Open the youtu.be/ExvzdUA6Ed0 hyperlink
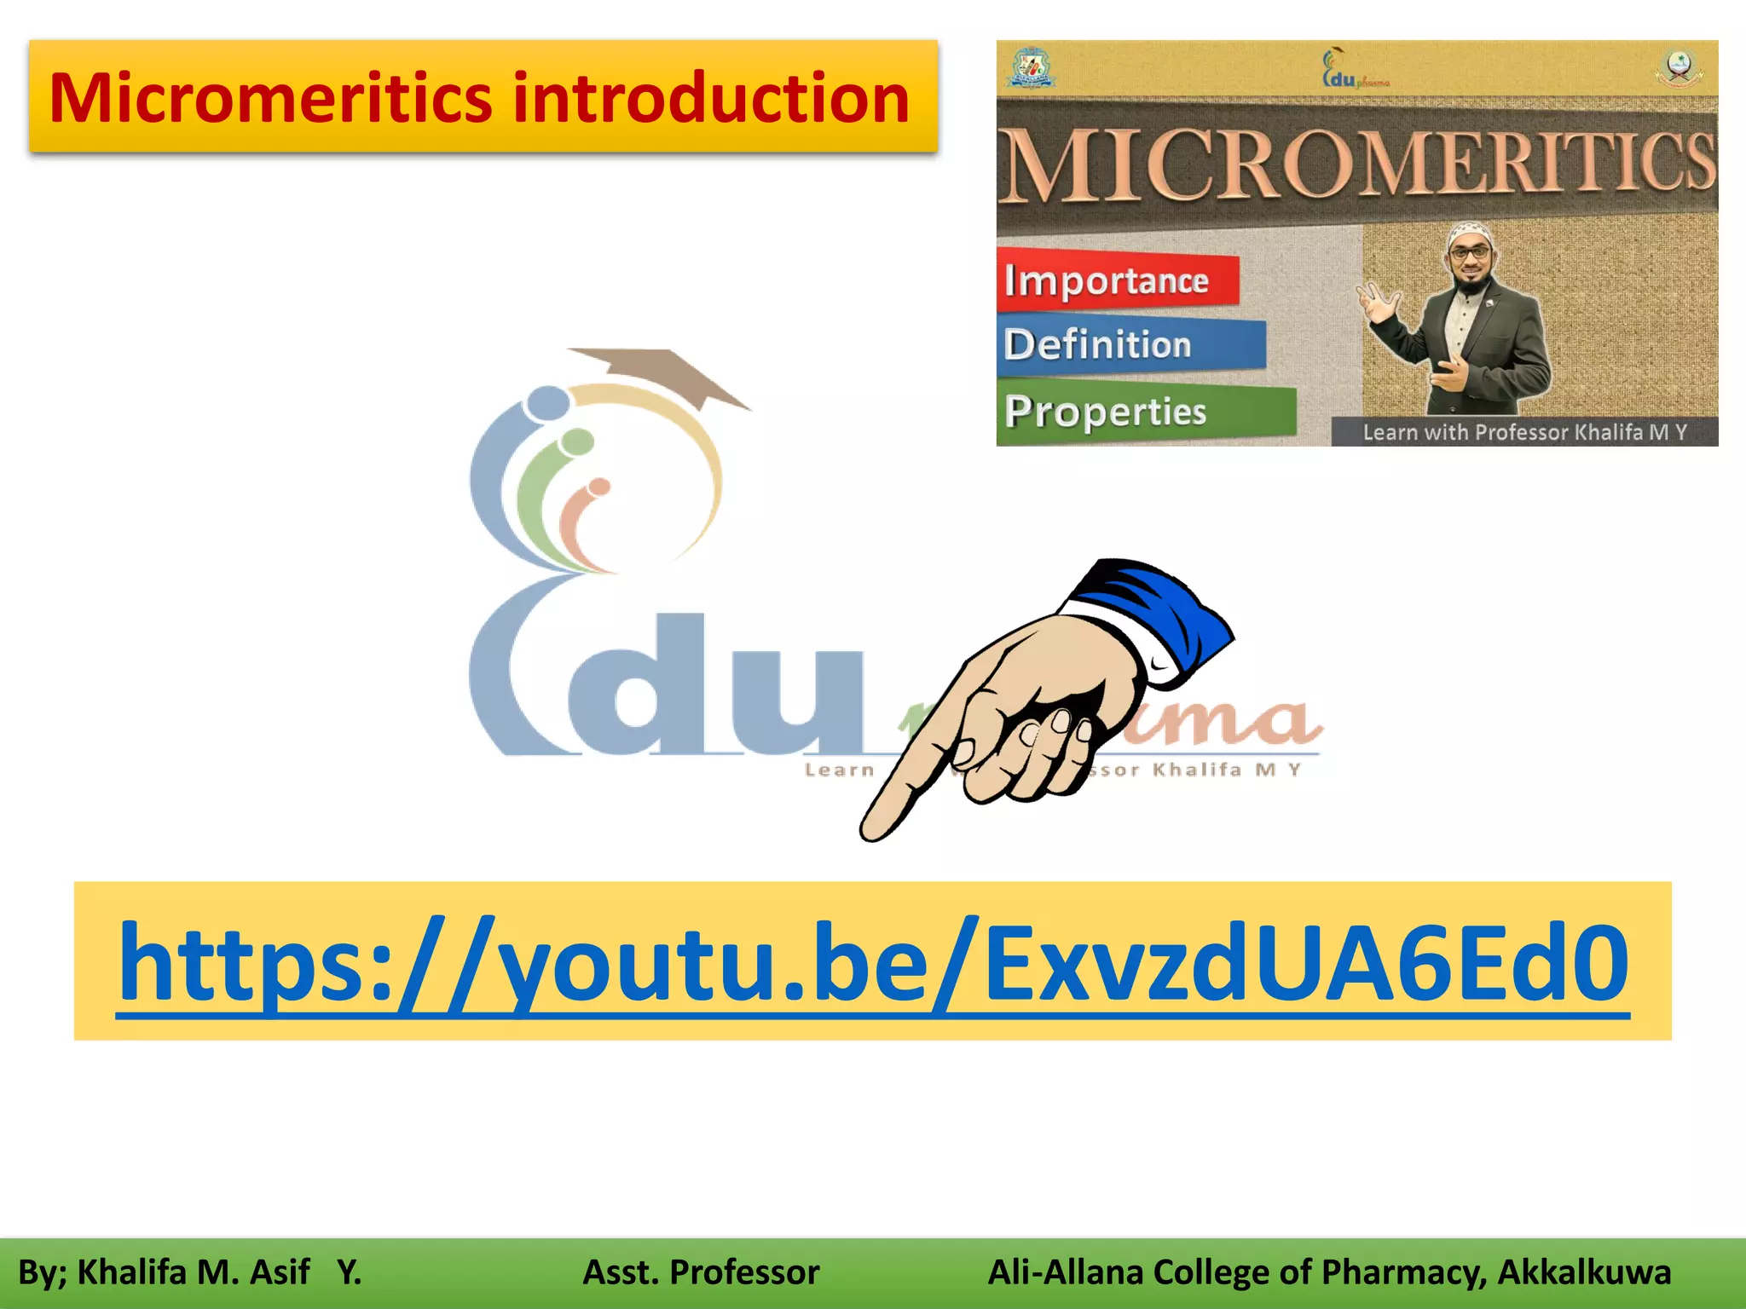coord(873,963)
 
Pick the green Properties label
coord(1107,412)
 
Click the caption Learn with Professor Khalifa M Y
coord(1524,432)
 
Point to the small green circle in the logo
coord(578,441)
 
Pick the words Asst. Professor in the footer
coord(701,1272)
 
